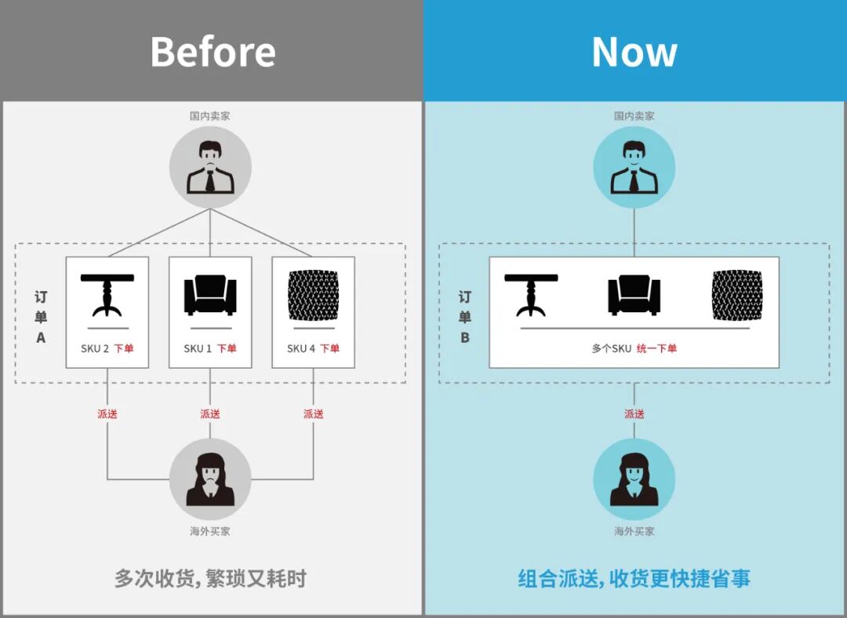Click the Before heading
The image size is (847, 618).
pos(213,52)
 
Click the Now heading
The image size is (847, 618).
pos(634,52)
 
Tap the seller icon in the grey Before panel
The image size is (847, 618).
pos(210,167)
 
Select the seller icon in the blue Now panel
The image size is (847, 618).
pos(634,167)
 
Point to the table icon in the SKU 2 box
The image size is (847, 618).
pos(107,295)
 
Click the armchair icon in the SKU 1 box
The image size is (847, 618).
pos(210,296)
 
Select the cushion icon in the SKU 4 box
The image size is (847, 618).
pos(313,294)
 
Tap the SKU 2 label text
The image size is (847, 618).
pos(95,348)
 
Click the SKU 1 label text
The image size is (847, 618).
pos(198,348)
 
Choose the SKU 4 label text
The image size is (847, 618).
pos(300,348)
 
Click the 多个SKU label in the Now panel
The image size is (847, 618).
pos(611,348)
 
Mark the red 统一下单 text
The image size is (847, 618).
pos(656,348)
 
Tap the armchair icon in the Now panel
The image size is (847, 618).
pos(634,296)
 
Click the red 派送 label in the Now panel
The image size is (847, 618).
pos(634,413)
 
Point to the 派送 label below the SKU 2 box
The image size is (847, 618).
pos(107,413)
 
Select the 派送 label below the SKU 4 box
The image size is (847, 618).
pos(313,413)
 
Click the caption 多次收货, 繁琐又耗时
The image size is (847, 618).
pos(210,579)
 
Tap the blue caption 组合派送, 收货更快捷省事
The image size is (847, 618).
pos(634,579)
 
